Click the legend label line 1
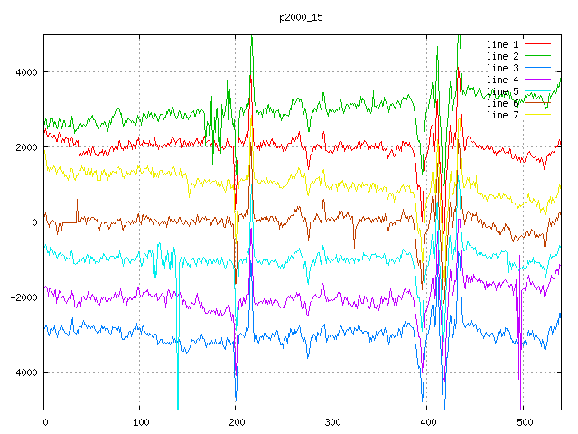tap(503, 44)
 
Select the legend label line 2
tap(503, 56)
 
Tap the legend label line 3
tap(503, 68)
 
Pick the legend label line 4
tap(503, 80)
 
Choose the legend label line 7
tap(503, 115)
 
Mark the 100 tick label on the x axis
tap(140, 421)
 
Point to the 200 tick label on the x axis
tap(236, 421)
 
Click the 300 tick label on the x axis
tap(331, 421)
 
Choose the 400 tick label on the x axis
tap(427, 421)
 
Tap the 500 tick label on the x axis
tap(523, 421)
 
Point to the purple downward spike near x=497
tap(520, 380)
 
